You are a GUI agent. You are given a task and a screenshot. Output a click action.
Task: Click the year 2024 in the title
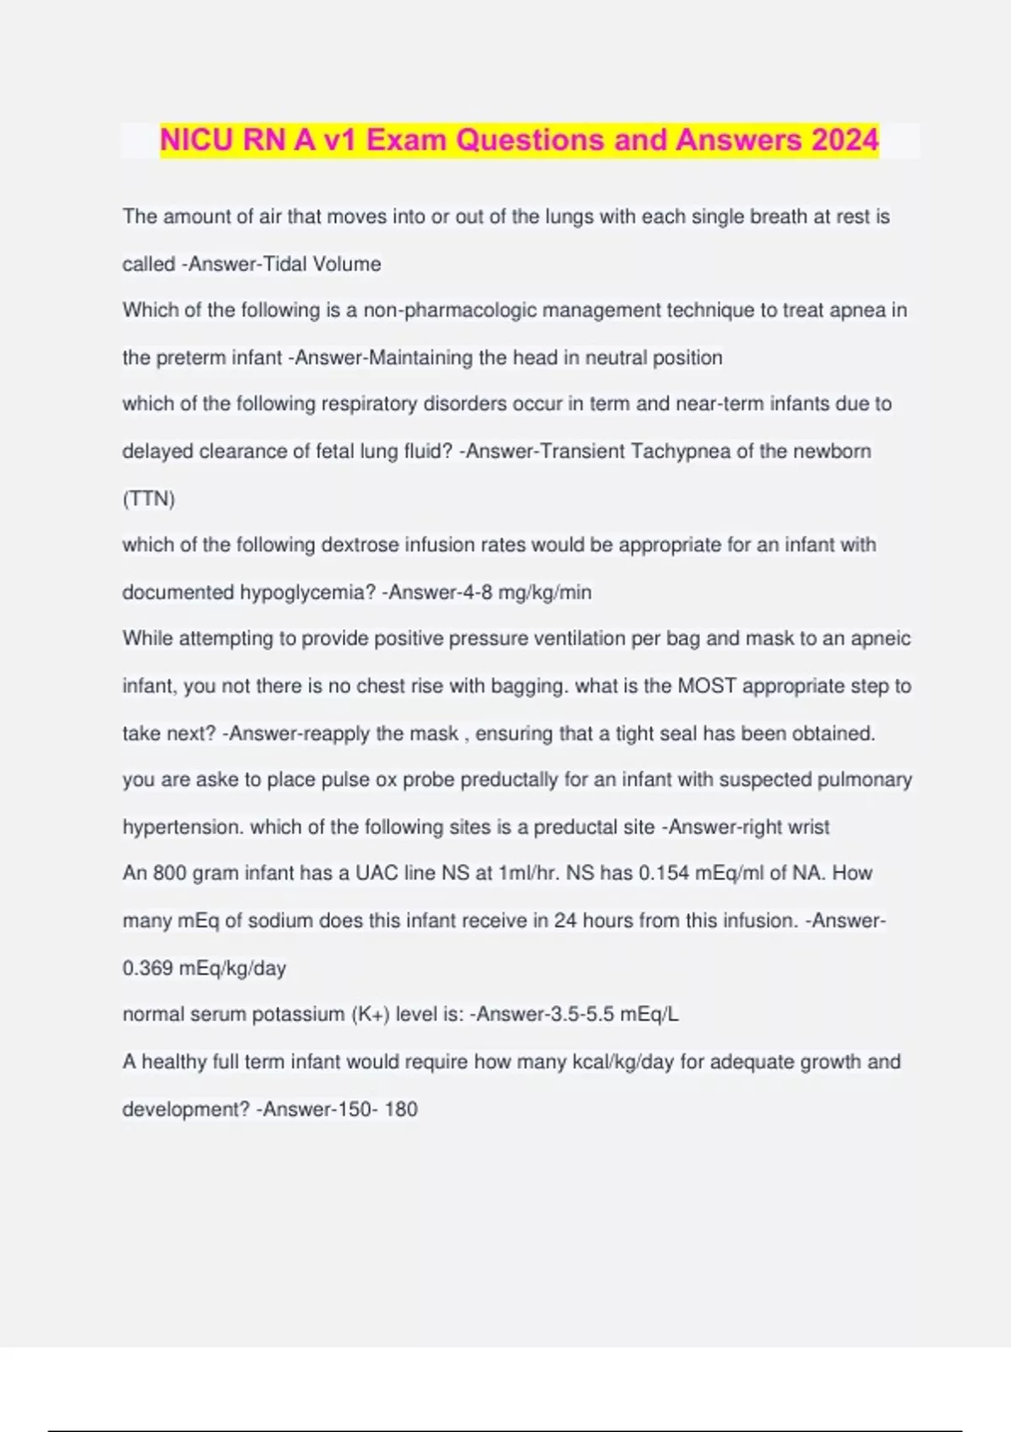[x=845, y=140]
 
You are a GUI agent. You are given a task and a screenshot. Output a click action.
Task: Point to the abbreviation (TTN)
[x=148, y=499]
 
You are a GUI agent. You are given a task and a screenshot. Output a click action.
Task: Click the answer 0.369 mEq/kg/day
[x=204, y=968]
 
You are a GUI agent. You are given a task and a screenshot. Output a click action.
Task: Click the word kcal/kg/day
[x=623, y=1061]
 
